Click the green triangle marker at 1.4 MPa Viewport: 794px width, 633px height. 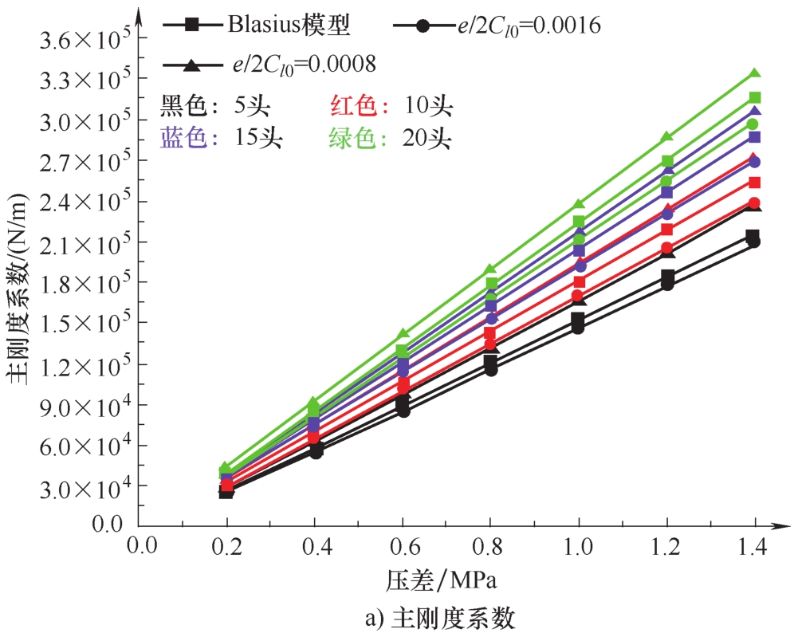[x=754, y=74]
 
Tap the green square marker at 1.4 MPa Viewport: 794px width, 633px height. [x=754, y=97]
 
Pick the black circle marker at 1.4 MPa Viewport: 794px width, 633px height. [x=754, y=242]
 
